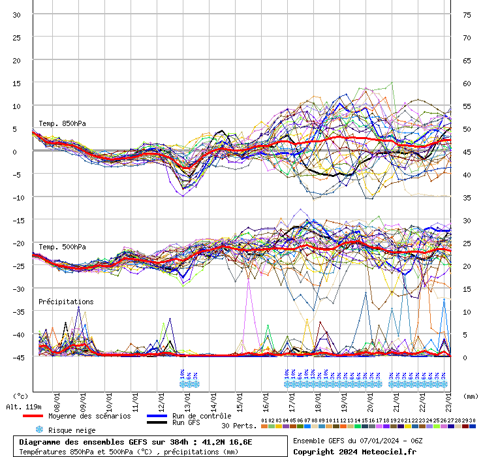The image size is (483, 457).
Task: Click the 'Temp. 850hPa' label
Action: pyautogui.click(x=62, y=123)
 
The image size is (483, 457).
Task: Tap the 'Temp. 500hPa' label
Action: pyautogui.click(x=62, y=247)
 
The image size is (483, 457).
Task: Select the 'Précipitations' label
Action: pyautogui.click(x=66, y=302)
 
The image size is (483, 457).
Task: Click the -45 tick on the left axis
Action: pyautogui.click(x=18, y=358)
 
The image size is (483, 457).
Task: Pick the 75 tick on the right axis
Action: pyautogui.click(x=467, y=15)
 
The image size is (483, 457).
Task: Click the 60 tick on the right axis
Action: pyautogui.click(x=467, y=84)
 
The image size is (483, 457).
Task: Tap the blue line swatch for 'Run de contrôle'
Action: pyautogui.click(x=156, y=416)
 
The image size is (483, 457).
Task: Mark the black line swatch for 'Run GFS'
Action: pyautogui.click(x=156, y=422)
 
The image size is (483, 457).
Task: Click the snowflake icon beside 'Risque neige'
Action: pyautogui.click(x=39, y=430)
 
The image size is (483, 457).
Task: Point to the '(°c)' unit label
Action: pyautogui.click(x=21, y=396)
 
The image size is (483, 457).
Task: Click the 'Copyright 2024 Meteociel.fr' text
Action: pyautogui.click(x=354, y=452)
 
